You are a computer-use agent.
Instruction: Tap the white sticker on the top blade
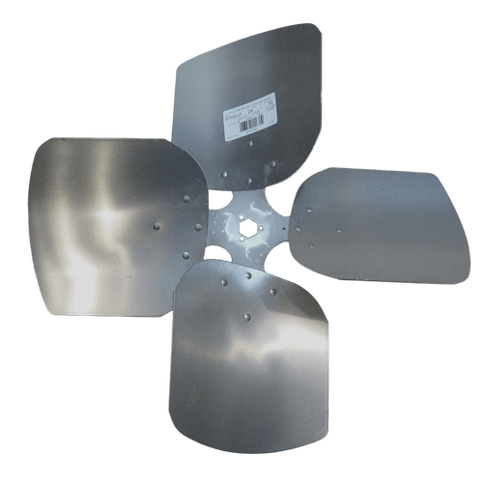coord(250,116)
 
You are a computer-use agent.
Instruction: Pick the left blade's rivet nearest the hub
coord(198,228)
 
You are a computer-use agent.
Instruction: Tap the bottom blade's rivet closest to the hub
coord(247,275)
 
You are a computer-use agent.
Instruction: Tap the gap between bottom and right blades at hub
coord(276,267)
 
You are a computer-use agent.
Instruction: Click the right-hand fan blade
coord(367,227)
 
